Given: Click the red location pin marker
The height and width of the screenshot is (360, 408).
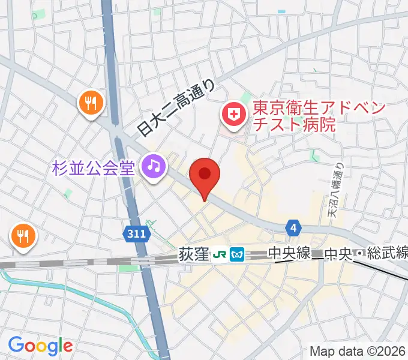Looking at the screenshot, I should click(205, 175).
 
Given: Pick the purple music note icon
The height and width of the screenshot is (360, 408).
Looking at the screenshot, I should click(153, 166).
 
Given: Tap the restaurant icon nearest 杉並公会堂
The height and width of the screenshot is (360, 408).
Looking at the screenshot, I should click(91, 103).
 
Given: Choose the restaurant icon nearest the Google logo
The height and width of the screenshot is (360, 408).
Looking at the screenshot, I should click(23, 235).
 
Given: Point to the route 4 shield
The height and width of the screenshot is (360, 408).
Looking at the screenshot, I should click(292, 227).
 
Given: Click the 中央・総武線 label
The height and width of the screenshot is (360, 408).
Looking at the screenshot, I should click(366, 254).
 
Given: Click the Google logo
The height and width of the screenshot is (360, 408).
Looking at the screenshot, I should click(40, 345).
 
